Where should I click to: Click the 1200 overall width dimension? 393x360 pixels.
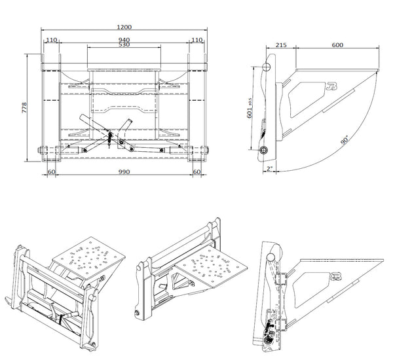124,27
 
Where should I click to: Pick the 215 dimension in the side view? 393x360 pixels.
281,45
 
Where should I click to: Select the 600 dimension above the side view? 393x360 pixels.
337,45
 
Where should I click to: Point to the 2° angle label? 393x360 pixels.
269,168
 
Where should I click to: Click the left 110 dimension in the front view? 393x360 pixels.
51,40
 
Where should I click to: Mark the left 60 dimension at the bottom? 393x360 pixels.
51,171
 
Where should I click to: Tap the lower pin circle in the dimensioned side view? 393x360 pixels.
263,150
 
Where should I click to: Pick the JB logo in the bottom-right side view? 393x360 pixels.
337,276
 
